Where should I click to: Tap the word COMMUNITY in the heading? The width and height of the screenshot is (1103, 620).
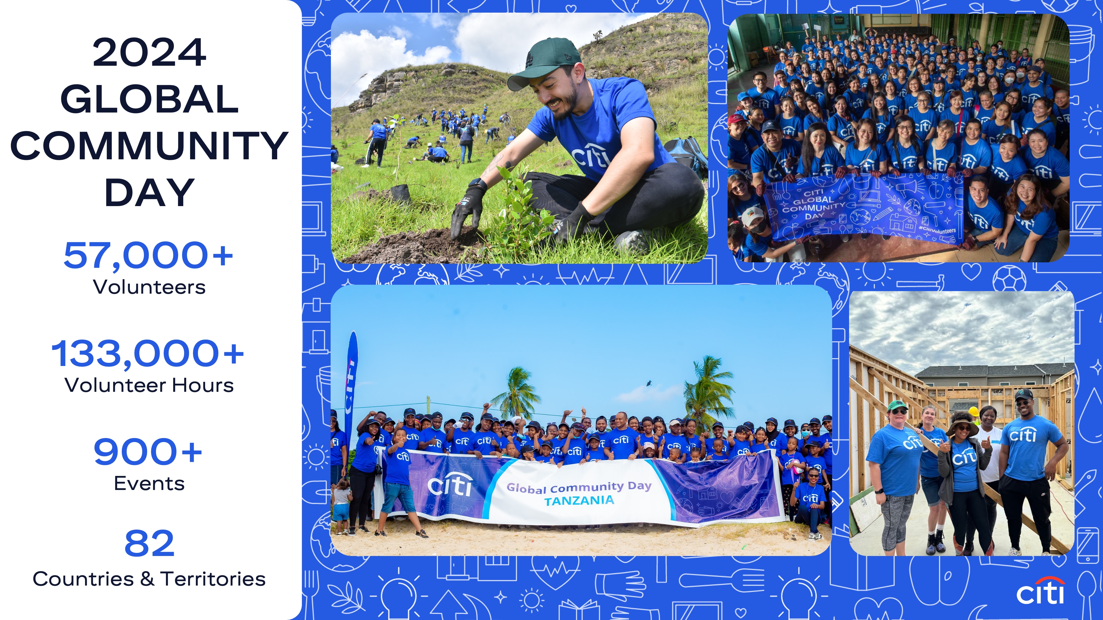coord(149,146)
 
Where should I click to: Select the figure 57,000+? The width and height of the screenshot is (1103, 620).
coord(148,255)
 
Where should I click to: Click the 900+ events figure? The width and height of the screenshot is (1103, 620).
coord(148,452)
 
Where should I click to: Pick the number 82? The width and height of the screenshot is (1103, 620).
coord(149,543)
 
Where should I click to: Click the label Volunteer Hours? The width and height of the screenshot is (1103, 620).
coord(149,385)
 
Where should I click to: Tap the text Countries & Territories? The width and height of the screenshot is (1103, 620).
coord(149,579)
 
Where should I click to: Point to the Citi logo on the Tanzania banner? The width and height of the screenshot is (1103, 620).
coord(450,485)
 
